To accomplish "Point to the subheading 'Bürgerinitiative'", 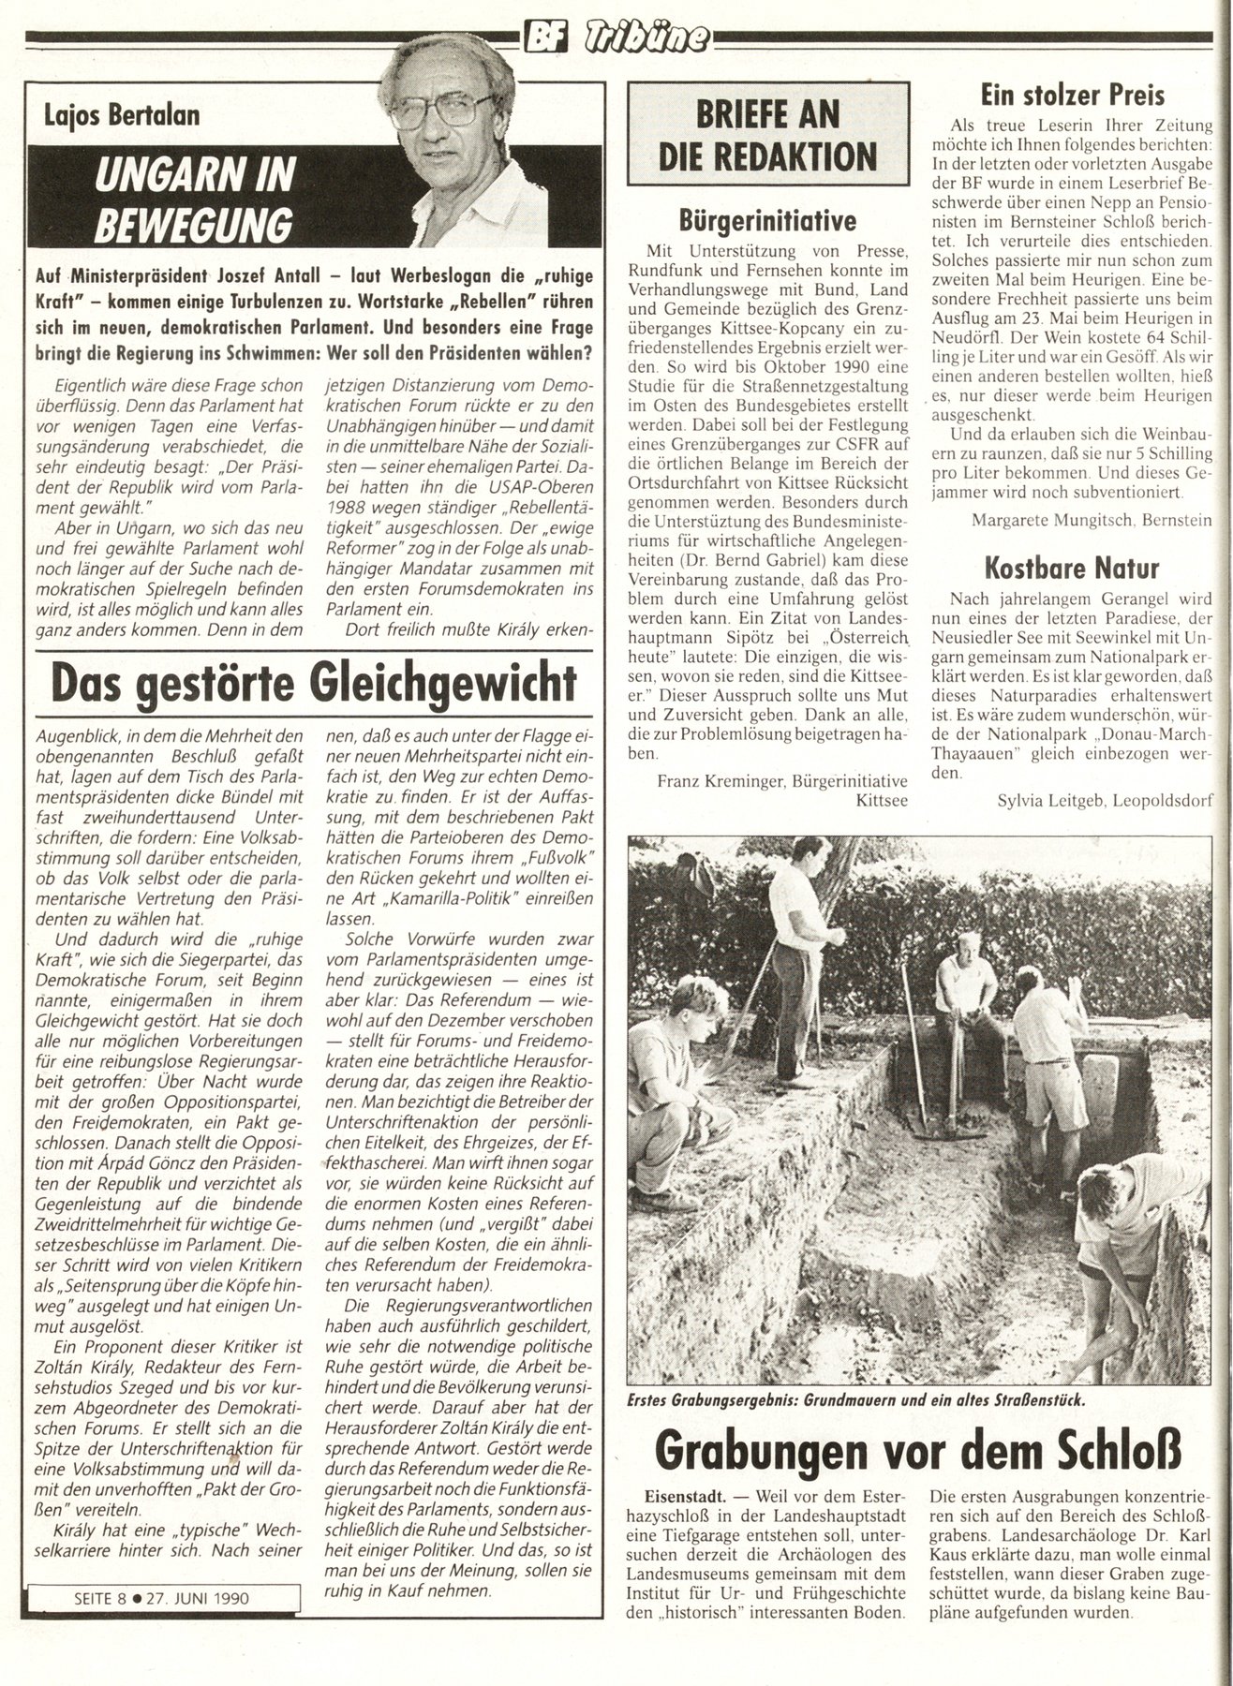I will [x=767, y=222].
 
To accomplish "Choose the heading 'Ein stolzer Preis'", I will [x=1072, y=95].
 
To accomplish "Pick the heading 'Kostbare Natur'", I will [x=1072, y=568].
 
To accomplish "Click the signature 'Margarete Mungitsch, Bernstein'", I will [x=1092, y=519].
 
